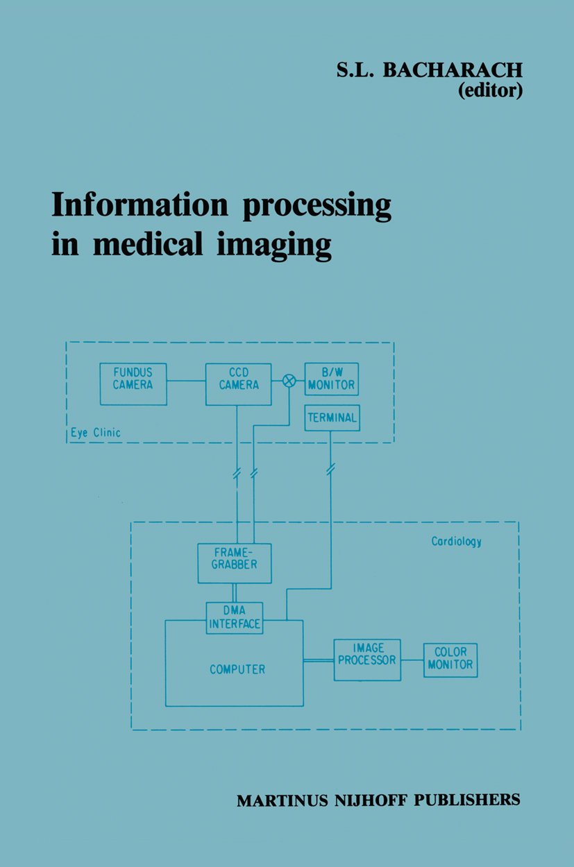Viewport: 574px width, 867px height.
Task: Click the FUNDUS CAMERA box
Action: tap(133, 384)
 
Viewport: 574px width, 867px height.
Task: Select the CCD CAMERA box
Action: tap(238, 384)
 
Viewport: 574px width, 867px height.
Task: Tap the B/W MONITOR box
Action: tap(332, 379)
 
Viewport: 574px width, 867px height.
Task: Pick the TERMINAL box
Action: tap(332, 418)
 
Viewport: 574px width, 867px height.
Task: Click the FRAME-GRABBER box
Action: tap(235, 563)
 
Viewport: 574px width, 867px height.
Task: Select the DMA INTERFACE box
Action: tap(235, 617)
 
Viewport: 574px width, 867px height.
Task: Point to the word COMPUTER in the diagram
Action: tap(237, 669)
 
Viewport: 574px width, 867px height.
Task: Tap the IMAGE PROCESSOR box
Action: tap(367, 660)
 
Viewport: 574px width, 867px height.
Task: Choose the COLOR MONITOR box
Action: tap(450, 660)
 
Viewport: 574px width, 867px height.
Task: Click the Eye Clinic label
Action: tap(96, 433)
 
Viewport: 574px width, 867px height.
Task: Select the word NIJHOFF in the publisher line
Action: tap(379, 800)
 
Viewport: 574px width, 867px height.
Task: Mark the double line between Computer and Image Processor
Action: tap(318, 660)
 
